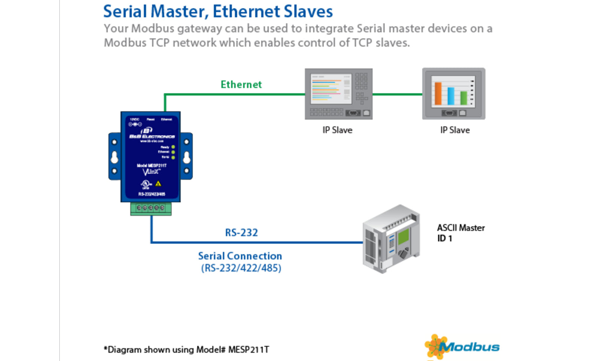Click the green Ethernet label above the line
[x=241, y=84]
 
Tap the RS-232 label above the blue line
[x=241, y=233]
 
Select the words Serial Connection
[x=240, y=256]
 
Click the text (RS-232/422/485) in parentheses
[x=241, y=269]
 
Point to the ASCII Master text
[x=461, y=228]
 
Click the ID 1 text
[x=445, y=238]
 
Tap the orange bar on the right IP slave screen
[x=438, y=94]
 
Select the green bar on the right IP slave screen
[x=464, y=98]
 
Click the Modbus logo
[x=462, y=346]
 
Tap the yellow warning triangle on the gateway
[x=158, y=184]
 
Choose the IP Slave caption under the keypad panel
[x=338, y=130]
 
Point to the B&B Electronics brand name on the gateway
[x=152, y=136]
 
